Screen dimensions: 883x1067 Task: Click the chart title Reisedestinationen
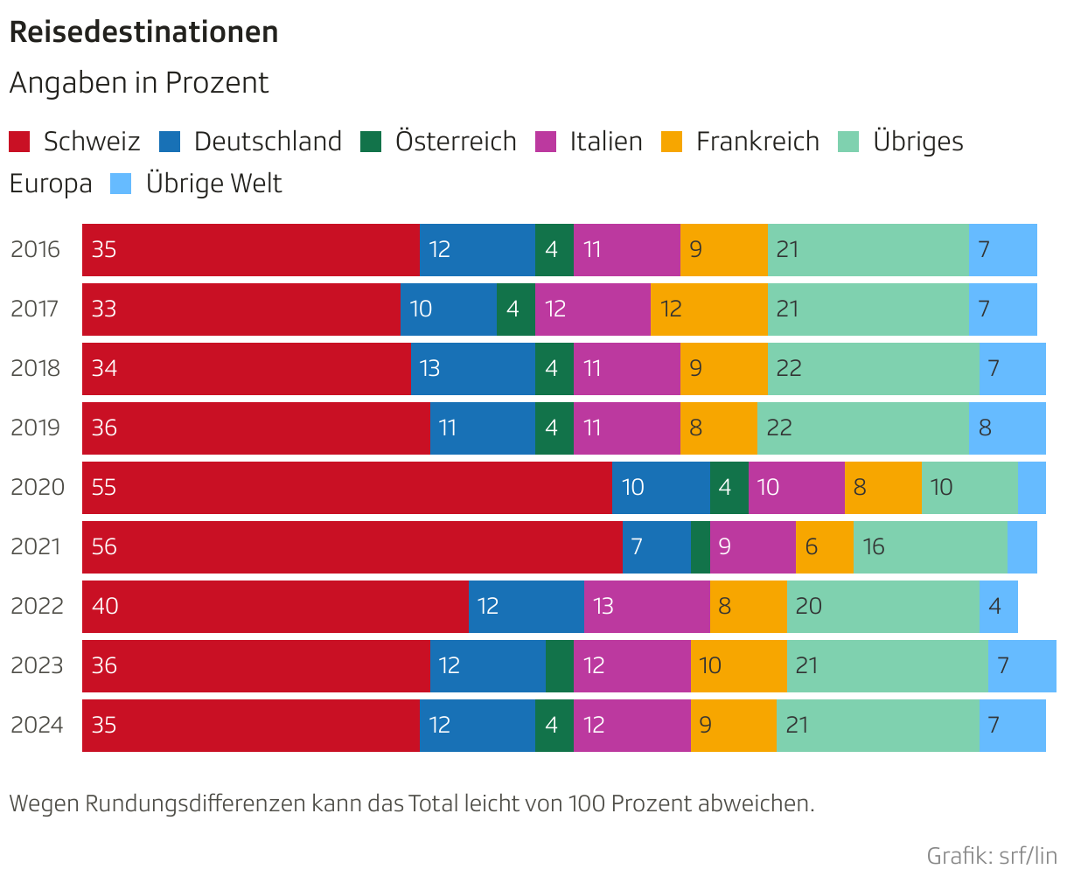click(143, 32)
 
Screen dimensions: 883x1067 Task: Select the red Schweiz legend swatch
click(19, 142)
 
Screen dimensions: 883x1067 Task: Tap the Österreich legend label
click(455, 142)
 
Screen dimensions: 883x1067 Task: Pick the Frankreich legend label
click(757, 142)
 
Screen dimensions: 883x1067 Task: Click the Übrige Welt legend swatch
click(121, 184)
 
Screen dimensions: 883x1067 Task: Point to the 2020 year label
click(38, 487)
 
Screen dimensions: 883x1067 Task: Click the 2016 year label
click(36, 249)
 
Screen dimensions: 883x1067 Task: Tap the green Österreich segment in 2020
click(729, 487)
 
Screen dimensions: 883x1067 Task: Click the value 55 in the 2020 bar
click(104, 487)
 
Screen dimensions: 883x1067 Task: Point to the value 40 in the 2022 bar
click(105, 606)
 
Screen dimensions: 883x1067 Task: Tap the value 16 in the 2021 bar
click(874, 547)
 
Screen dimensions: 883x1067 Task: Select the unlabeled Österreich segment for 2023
click(559, 665)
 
